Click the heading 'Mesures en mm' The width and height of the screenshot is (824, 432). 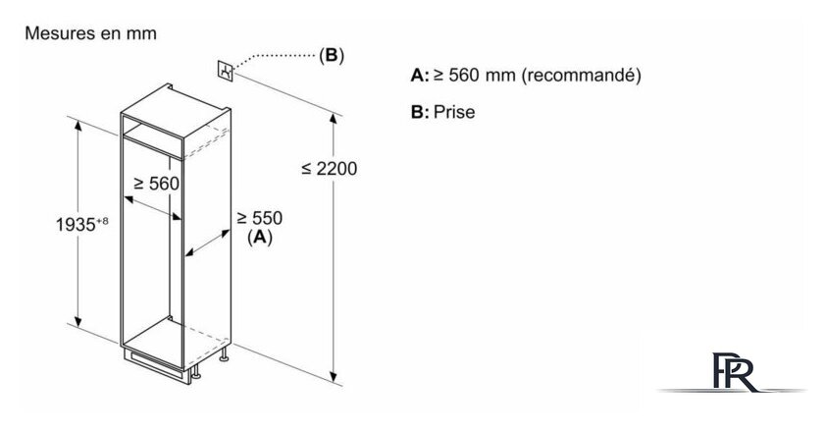[90, 33]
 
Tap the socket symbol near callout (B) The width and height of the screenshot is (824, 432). [226, 71]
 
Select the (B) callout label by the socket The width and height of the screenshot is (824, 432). [332, 55]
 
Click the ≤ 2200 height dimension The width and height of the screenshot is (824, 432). [330, 168]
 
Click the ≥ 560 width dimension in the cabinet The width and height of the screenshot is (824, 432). [156, 184]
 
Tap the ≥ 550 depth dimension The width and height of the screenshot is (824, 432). [259, 218]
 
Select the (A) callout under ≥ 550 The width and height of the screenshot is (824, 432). [260, 238]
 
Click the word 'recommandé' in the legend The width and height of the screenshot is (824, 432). [581, 76]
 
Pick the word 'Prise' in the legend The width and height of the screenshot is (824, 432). [454, 112]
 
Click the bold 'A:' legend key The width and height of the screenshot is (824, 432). [420, 76]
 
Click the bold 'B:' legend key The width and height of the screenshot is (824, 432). [420, 112]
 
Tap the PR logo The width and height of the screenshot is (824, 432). [733, 372]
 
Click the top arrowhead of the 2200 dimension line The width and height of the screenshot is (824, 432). [334, 118]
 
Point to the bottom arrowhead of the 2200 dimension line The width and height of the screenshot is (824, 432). [334, 377]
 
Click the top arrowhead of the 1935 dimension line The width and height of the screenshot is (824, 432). [78, 126]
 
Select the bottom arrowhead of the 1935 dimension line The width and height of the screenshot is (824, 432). [78, 321]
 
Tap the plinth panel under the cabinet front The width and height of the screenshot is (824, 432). [155, 364]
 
